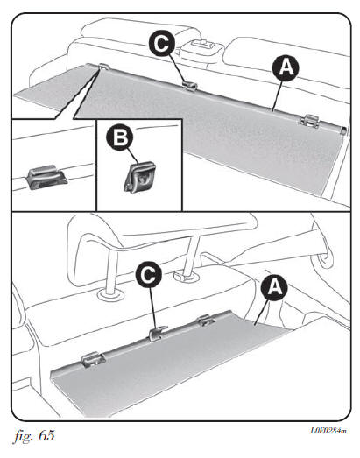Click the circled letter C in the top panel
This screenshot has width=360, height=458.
tap(162, 44)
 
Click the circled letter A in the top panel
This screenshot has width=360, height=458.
tap(286, 68)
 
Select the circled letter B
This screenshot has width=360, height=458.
tap(119, 137)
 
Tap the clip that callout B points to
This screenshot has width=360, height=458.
tap(139, 177)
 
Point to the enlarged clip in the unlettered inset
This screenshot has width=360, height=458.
tap(46, 177)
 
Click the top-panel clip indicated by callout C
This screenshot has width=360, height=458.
tap(190, 86)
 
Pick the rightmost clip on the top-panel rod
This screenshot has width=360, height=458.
tap(309, 121)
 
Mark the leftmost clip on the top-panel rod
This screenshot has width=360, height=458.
tap(103, 67)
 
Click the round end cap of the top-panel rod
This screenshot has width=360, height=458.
tap(344, 130)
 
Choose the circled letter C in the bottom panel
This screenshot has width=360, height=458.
tap(148, 275)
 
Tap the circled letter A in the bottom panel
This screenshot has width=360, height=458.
tap(274, 287)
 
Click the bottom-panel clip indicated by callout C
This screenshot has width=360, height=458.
tap(158, 334)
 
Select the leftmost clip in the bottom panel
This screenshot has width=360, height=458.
tap(93, 359)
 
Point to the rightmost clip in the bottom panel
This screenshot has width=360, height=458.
tap(207, 320)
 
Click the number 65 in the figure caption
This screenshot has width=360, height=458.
tap(46, 435)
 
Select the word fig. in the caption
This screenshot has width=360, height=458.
tap(24, 436)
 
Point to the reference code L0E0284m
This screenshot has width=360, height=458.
tap(328, 431)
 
